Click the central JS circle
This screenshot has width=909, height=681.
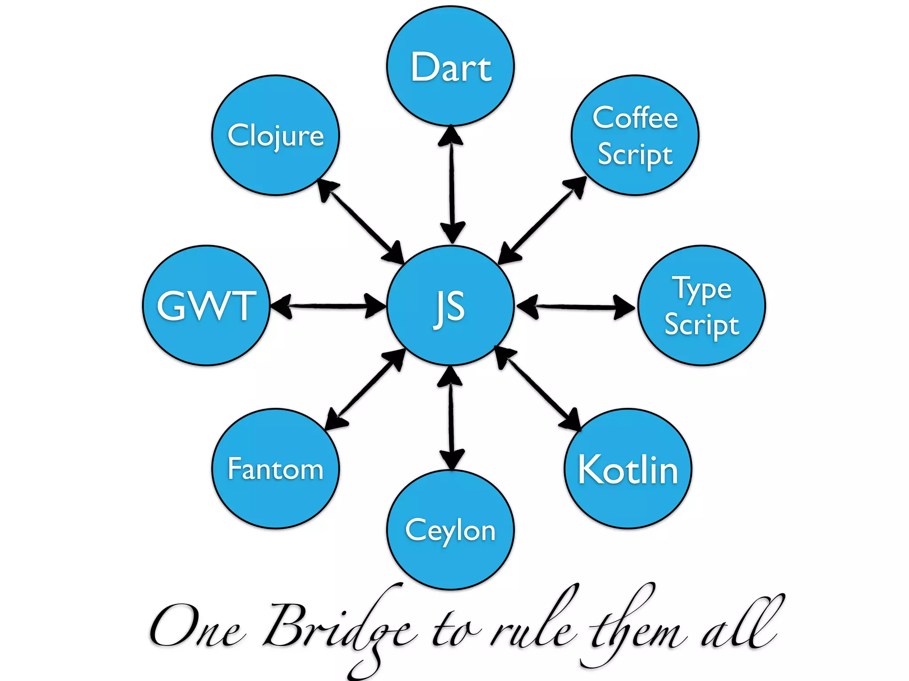click(451, 305)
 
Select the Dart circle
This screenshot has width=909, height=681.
click(451, 67)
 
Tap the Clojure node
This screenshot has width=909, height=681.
click(276, 135)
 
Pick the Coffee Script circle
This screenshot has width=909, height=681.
click(635, 135)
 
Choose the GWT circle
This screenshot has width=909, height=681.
click(206, 305)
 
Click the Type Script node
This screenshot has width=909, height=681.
click(702, 305)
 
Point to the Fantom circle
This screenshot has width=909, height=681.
click(276, 469)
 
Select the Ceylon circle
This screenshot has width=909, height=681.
click(451, 530)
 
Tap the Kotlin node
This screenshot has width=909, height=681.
click(628, 469)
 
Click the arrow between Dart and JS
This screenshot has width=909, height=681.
click(451, 184)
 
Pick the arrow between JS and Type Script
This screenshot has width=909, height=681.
click(576, 306)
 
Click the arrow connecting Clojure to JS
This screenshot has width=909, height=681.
click(361, 221)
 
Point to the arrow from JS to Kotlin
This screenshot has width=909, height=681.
click(538, 389)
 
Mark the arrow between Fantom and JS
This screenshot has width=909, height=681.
click(365, 389)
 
